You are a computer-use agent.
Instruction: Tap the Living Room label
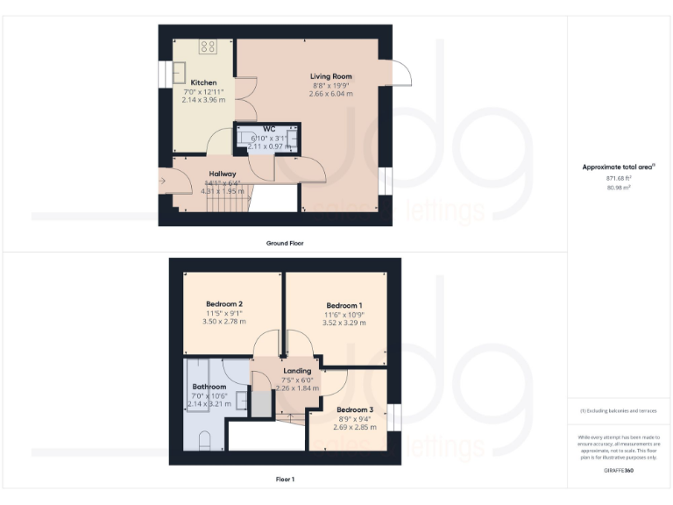330,76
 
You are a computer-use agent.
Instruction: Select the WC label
269,130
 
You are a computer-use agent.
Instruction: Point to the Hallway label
223,174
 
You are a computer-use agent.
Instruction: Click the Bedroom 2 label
224,303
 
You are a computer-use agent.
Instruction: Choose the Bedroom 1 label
344,305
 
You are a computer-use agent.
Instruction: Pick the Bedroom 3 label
355,409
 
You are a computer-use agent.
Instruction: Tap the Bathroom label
209,387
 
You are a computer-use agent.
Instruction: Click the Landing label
296,371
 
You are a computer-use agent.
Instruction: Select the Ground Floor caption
285,243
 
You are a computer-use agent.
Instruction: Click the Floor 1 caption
285,480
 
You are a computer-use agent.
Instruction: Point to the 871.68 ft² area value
619,178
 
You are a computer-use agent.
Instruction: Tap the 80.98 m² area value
619,187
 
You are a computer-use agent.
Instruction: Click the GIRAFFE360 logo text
619,472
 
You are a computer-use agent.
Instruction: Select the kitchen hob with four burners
209,46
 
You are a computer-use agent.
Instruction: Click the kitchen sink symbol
179,71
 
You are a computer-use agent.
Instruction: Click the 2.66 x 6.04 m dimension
330,94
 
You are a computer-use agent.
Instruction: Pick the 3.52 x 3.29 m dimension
344,323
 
